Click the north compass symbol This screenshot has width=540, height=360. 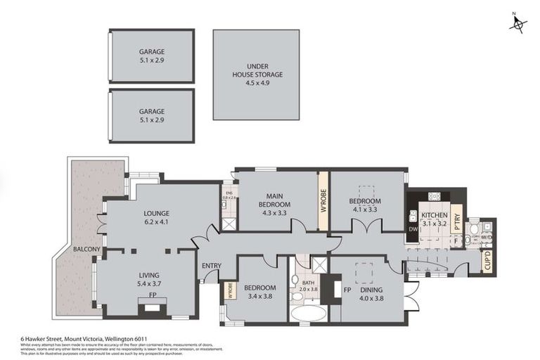point(517,24)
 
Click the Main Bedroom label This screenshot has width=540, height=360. point(276,200)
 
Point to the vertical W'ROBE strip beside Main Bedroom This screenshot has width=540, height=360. point(324,201)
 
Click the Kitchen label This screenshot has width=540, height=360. point(434,215)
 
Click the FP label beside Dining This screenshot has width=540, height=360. point(347,289)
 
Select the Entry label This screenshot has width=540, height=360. point(211,265)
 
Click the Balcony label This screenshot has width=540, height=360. point(84,250)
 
